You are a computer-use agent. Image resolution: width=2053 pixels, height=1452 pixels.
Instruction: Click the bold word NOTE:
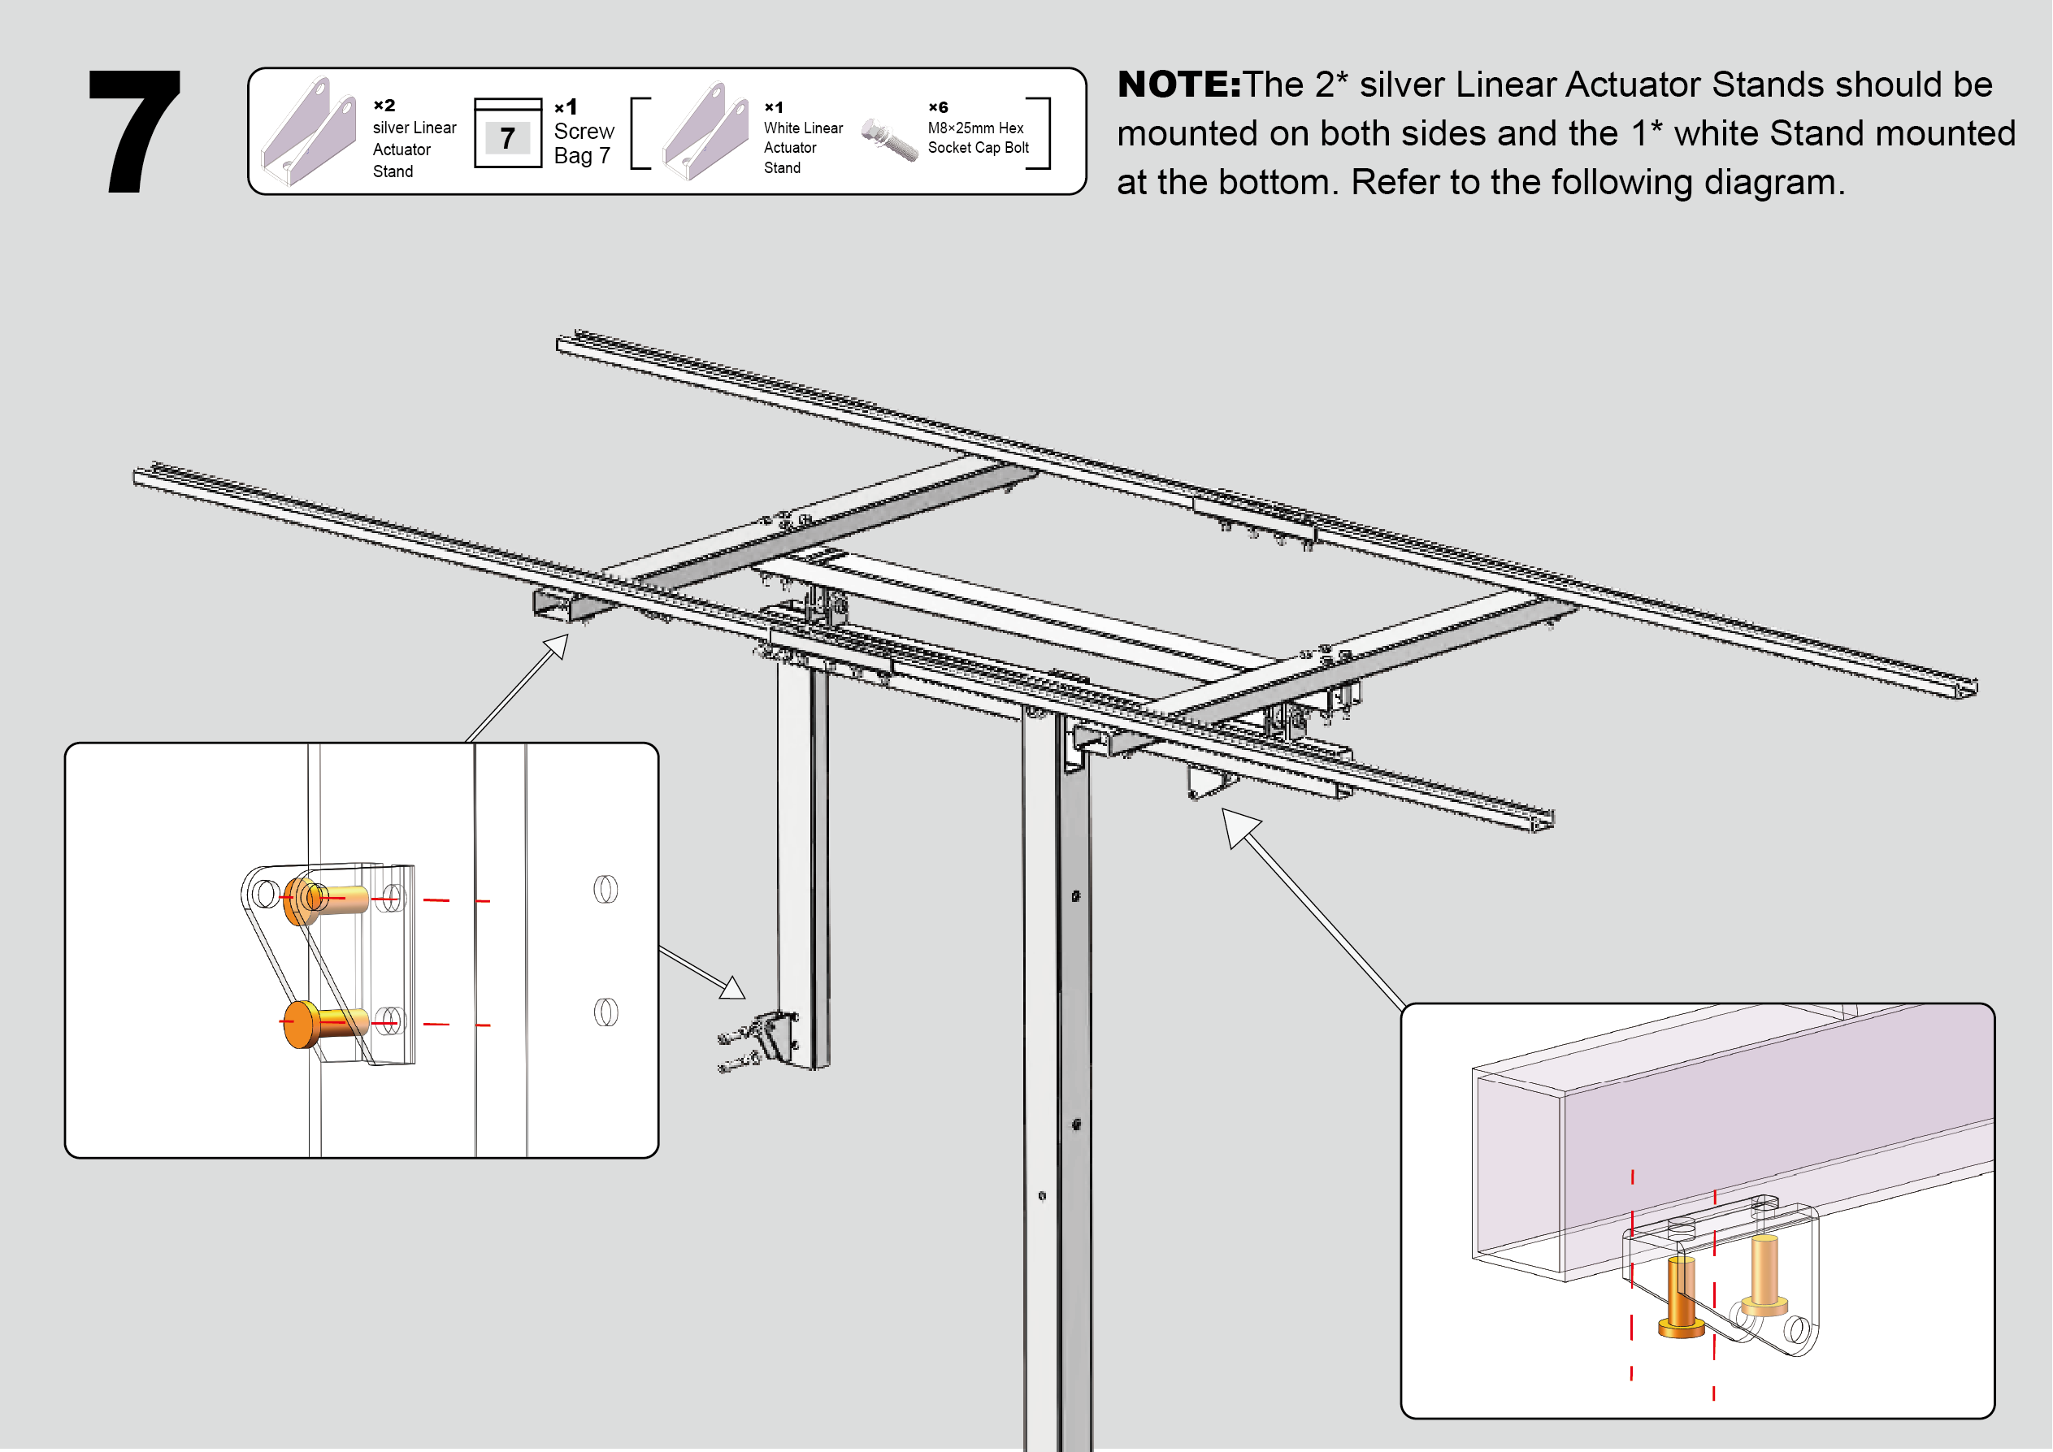[x=1178, y=85]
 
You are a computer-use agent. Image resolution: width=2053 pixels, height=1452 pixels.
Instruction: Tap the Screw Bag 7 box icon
[x=508, y=133]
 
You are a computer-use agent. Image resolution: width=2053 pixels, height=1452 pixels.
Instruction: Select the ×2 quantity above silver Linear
[x=384, y=106]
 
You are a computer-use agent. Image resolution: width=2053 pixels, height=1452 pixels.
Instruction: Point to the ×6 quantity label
[x=938, y=107]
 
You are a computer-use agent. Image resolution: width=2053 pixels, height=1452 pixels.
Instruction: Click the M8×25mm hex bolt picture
[x=889, y=139]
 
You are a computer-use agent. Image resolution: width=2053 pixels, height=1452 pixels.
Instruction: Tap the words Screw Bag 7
[x=584, y=143]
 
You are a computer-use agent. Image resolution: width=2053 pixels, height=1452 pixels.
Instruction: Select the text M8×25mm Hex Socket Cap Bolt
[x=979, y=137]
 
